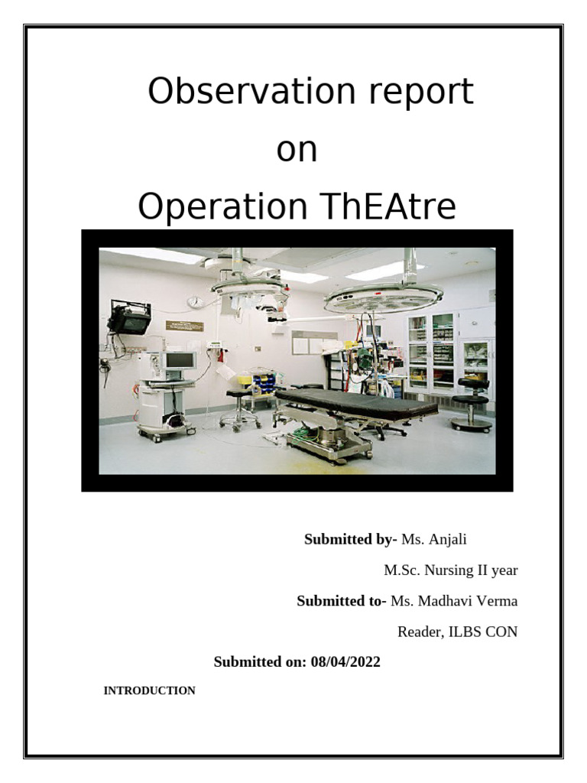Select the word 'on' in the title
coord(297,150)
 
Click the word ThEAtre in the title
coord(384,208)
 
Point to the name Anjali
coord(447,540)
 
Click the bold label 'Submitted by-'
coord(351,540)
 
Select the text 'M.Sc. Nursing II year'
coord(450,570)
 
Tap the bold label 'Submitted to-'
coord(342,601)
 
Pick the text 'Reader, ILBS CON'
coord(457,632)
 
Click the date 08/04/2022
coord(345,662)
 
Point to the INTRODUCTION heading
coord(150,691)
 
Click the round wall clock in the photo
coord(195,302)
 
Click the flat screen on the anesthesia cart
coord(180,359)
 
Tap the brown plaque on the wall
coord(185,326)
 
